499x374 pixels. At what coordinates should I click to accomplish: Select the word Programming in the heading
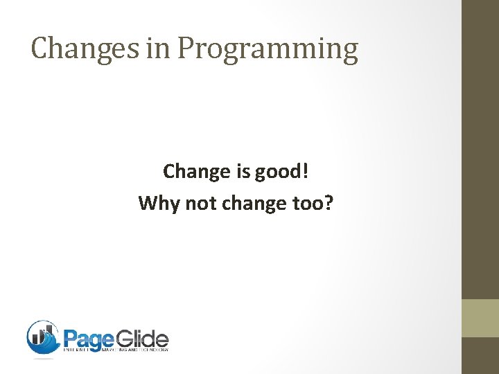click(268, 49)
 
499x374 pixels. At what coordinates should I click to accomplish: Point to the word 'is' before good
click(244, 170)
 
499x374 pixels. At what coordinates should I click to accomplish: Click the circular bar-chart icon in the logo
click(43, 337)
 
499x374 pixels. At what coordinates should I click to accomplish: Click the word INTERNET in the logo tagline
click(77, 350)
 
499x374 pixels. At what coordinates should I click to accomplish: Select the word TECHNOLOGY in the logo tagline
click(154, 350)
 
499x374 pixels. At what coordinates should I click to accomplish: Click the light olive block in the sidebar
click(480, 318)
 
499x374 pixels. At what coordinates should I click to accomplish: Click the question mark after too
click(329, 203)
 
